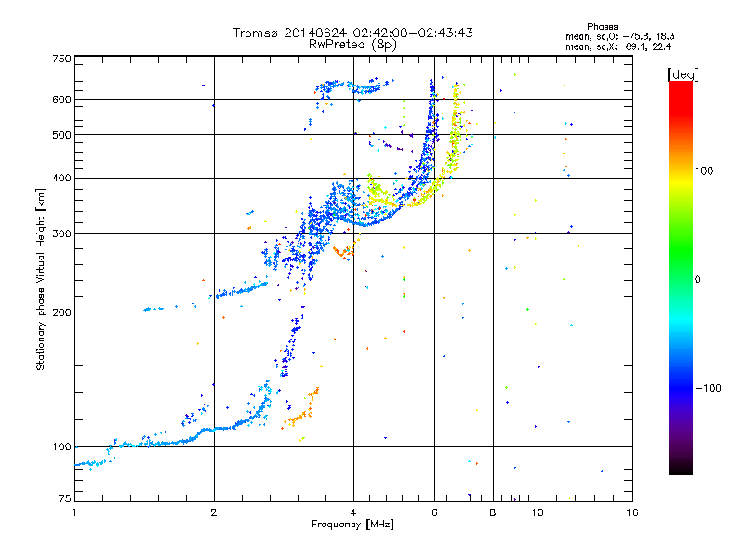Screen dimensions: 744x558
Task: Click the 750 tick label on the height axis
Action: click(x=61, y=59)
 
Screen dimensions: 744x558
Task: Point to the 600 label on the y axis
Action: click(x=61, y=100)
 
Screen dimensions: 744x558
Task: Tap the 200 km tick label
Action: click(x=61, y=312)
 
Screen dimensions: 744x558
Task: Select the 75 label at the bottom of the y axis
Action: click(x=65, y=498)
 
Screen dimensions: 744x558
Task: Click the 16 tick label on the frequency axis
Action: click(x=631, y=512)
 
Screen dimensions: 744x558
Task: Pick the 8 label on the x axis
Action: click(x=493, y=512)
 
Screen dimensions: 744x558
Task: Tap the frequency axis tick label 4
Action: click(x=353, y=512)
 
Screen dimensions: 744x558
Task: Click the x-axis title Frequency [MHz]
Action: click(x=352, y=525)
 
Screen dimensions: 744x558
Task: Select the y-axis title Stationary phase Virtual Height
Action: click(x=40, y=279)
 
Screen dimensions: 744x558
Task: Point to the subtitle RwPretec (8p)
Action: click(x=352, y=45)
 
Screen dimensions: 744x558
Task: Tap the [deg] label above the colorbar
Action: click(x=683, y=74)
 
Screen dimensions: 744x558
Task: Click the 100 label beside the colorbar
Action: click(x=704, y=171)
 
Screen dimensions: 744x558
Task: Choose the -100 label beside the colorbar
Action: click(x=708, y=388)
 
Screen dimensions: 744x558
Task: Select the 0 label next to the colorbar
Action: click(x=697, y=280)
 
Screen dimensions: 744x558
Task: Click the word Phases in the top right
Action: click(x=602, y=27)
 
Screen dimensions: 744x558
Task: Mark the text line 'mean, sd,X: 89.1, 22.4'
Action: click(x=618, y=47)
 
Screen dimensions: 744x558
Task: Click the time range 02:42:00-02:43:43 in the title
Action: click(x=413, y=33)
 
